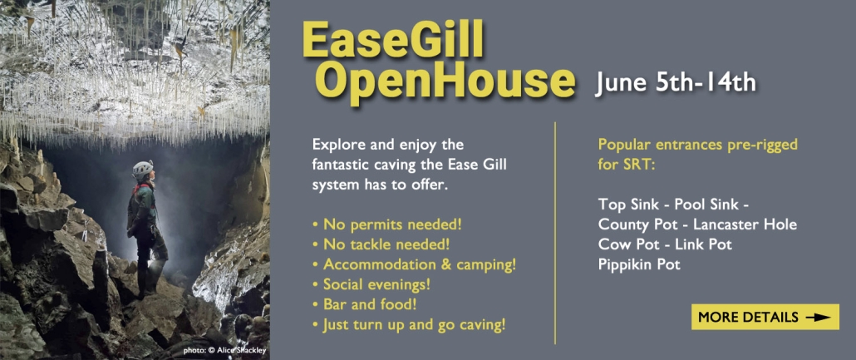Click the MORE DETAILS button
pos(765,317)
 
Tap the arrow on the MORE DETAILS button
pos(818,318)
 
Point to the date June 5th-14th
pos(676,83)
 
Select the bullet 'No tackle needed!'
pos(381,244)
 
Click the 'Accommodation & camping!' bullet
pos(415,264)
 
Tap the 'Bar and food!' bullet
pos(365,305)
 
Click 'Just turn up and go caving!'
pos(410,325)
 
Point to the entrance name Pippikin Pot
pos(639,265)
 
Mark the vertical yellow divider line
pos(555,233)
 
